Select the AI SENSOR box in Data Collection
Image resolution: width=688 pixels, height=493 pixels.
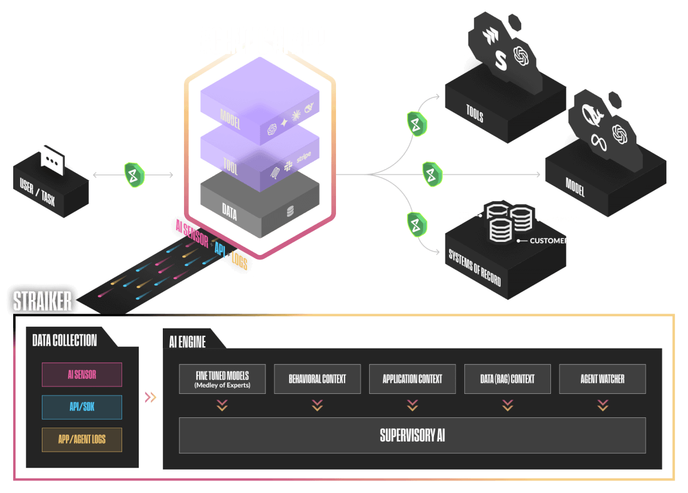tap(82, 375)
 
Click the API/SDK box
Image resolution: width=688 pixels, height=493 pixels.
tap(82, 407)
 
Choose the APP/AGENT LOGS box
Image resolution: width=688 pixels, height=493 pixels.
tap(82, 440)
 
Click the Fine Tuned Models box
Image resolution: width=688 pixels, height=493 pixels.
tap(222, 379)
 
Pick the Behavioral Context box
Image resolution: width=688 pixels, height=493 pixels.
tap(317, 379)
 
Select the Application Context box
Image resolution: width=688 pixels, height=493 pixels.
tap(412, 379)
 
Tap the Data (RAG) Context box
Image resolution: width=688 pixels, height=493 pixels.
tap(507, 379)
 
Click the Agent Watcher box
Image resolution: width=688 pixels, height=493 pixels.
tap(603, 379)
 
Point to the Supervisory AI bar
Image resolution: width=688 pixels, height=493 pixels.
tap(412, 435)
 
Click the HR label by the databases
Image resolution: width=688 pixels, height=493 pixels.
tap(464, 216)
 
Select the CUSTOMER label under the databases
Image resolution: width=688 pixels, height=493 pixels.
tap(549, 241)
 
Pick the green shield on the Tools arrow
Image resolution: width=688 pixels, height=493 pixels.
tap(417, 124)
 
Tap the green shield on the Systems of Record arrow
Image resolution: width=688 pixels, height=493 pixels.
tap(415, 224)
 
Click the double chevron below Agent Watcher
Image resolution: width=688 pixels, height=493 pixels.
tap(603, 406)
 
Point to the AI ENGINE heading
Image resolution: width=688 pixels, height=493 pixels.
tap(187, 342)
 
